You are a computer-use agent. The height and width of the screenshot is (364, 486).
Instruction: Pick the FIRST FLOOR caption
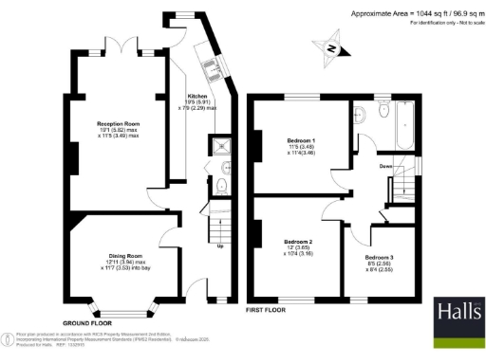(x=266, y=311)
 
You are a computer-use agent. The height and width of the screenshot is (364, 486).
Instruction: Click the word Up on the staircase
(x=221, y=247)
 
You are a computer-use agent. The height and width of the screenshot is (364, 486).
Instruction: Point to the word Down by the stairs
(x=386, y=166)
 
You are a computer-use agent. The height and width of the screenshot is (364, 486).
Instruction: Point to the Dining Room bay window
(x=121, y=307)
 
